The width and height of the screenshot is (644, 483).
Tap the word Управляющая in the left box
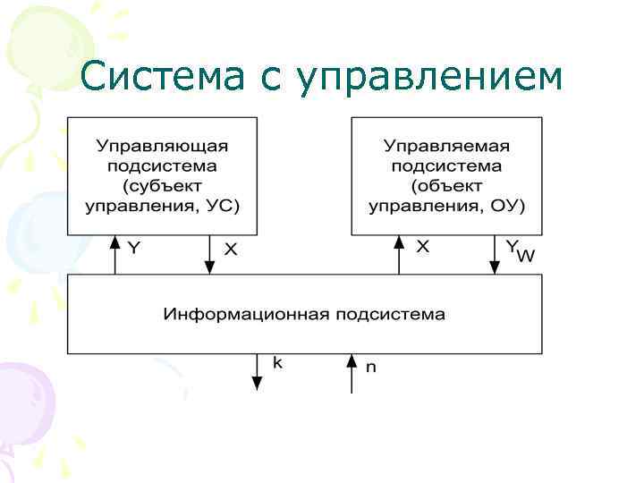click(163, 145)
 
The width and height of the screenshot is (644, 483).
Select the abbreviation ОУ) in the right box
click(509, 205)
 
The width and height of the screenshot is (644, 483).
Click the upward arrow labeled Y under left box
click(114, 254)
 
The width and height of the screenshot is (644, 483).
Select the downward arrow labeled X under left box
click(209, 254)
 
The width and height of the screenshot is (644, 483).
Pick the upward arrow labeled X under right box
click(399, 254)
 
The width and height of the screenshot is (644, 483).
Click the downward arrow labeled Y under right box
click(494, 254)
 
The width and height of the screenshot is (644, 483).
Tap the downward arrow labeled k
click(258, 372)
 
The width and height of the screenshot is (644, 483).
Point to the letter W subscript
click(527, 258)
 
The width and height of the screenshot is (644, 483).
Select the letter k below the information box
click(277, 362)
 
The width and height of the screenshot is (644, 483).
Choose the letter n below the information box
click(370, 366)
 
